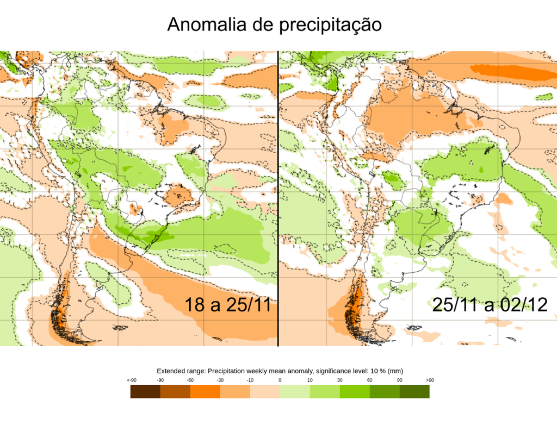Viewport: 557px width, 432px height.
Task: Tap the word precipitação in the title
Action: (330, 26)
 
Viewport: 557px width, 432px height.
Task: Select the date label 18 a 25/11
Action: (227, 305)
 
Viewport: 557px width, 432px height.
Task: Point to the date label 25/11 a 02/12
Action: (490, 305)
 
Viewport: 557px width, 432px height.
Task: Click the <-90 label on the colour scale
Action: (131, 380)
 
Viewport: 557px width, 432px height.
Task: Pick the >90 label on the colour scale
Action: (430, 380)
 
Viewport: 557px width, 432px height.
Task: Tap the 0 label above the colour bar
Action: (280, 380)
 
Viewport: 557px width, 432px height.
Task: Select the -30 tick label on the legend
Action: (220, 380)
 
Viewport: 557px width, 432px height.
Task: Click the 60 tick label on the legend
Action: (369, 380)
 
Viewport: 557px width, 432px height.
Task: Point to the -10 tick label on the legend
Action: (250, 380)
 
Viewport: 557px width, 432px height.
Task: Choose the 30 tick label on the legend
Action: (340, 380)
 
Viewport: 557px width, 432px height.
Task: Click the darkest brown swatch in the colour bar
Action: (145, 391)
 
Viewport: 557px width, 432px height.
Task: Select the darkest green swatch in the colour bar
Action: (414, 391)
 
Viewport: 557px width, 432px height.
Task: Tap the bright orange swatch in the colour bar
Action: (205, 391)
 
